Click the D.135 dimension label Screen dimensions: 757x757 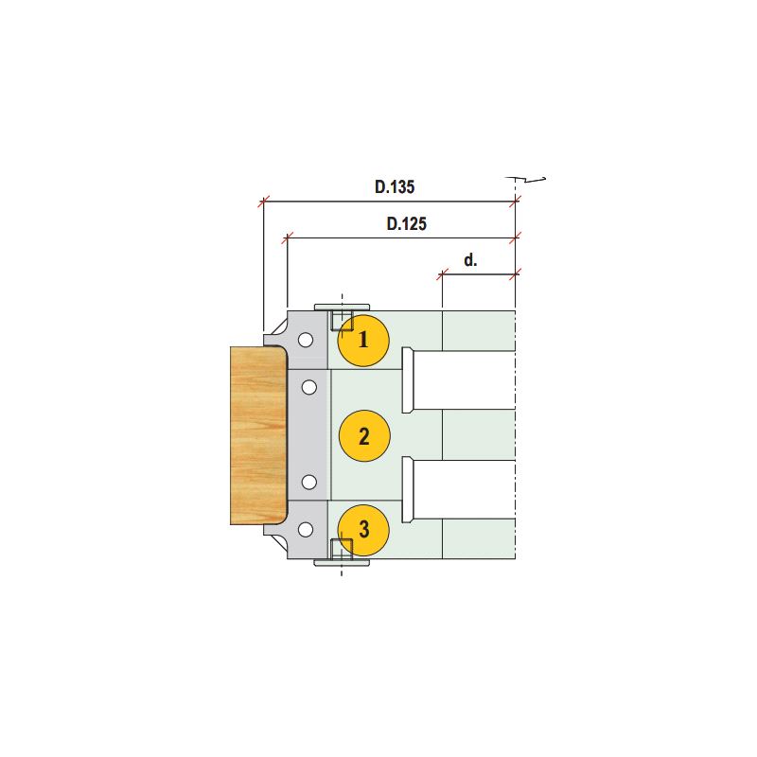(x=395, y=186)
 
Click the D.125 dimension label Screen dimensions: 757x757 (x=407, y=223)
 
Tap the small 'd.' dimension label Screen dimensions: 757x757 (x=470, y=260)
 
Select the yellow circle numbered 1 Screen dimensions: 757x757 (x=363, y=341)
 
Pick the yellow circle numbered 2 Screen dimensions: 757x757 (x=364, y=436)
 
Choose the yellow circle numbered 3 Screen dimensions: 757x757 (x=363, y=530)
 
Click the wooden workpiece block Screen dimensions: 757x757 (x=258, y=435)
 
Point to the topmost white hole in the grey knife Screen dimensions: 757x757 (x=306, y=341)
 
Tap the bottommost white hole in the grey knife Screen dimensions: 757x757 (x=306, y=530)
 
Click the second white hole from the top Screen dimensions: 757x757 (x=309, y=387)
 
